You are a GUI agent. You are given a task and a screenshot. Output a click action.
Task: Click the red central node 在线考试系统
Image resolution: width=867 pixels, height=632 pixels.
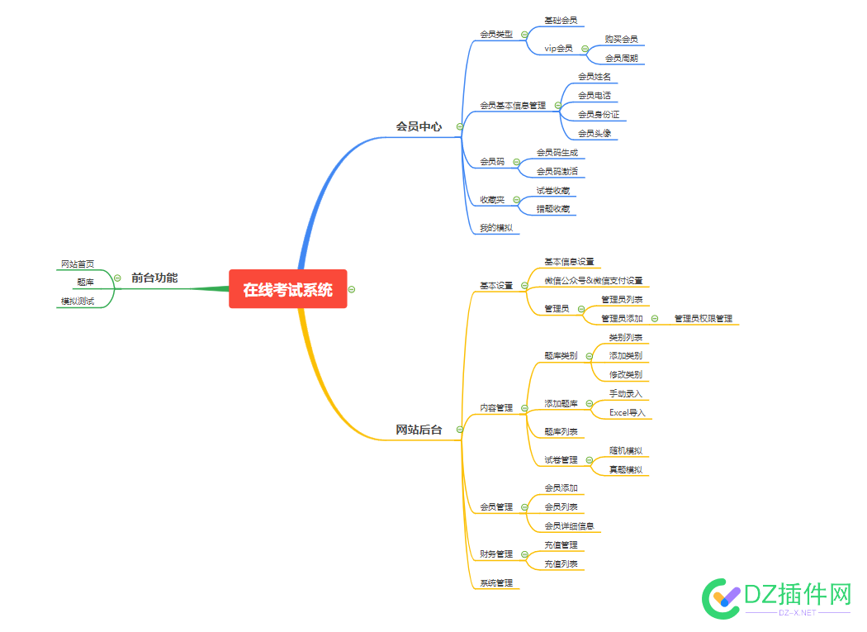tap(287, 289)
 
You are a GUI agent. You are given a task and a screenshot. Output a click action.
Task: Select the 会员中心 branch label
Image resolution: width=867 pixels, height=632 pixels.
tap(419, 126)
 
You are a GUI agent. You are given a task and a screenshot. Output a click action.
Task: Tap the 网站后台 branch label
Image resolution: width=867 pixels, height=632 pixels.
tap(419, 430)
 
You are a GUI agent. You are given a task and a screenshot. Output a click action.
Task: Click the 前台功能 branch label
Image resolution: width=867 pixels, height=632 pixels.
tap(154, 278)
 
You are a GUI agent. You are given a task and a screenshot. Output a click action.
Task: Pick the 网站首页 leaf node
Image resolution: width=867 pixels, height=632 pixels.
tap(78, 264)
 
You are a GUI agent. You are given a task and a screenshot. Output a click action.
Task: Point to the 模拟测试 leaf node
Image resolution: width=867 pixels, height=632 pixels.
tap(78, 301)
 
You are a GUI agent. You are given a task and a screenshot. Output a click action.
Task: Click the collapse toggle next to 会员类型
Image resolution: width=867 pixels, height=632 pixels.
tap(524, 35)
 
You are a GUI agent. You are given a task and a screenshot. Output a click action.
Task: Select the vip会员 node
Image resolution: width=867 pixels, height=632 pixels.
tap(558, 48)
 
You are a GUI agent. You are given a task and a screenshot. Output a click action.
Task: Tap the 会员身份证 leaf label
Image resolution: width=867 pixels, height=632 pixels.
tap(599, 115)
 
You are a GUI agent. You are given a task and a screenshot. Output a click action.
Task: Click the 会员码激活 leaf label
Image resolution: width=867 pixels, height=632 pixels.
tap(557, 172)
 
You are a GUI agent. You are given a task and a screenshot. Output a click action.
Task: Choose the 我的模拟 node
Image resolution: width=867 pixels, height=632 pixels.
tap(496, 227)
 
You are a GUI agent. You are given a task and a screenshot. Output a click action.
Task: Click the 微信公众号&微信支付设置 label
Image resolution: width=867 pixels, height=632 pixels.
tap(594, 281)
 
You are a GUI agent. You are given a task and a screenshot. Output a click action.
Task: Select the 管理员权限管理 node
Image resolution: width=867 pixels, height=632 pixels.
tap(703, 318)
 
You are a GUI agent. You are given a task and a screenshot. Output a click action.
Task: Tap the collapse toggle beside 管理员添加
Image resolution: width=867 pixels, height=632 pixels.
tap(655, 318)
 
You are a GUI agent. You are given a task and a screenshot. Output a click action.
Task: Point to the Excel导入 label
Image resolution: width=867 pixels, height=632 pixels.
tap(627, 412)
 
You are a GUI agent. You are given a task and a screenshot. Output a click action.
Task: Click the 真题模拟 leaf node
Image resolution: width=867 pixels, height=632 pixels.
tap(625, 469)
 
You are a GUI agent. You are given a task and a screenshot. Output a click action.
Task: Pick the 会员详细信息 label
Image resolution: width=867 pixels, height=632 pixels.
tap(569, 525)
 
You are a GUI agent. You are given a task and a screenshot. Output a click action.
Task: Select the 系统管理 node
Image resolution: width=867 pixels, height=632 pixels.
tap(496, 582)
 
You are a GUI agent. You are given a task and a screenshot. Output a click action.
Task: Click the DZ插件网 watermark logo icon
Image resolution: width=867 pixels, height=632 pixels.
tap(721, 599)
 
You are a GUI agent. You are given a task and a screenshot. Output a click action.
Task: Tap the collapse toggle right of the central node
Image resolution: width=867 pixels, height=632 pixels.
tap(352, 289)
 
